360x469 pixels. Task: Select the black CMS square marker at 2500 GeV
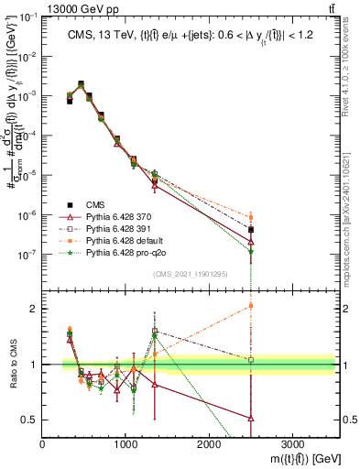(x=250, y=230)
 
